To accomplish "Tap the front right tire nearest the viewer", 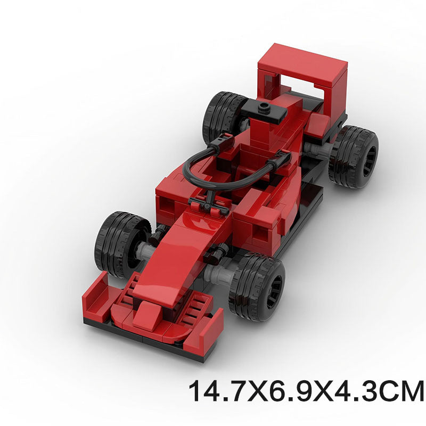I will tap(257, 286).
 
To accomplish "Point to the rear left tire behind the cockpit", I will tap(222, 114).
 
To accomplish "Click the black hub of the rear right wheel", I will tap(368, 157).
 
